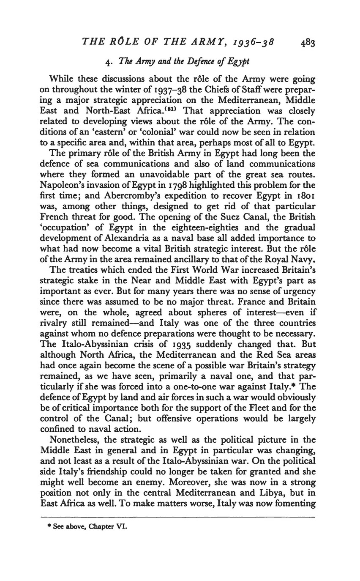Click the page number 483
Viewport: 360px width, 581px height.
(x=308, y=43)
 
